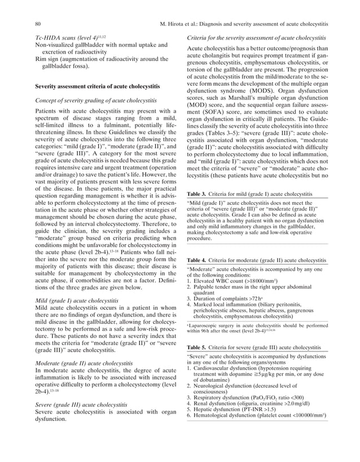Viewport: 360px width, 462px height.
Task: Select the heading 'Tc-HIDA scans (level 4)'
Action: pyautogui.click(x=71, y=37)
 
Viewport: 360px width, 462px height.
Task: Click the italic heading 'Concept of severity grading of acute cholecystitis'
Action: pyautogui.click(x=96, y=100)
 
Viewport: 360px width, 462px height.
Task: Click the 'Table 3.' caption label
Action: pyautogui.click(x=197, y=195)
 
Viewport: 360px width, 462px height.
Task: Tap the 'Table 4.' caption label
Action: pyautogui.click(x=197, y=260)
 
